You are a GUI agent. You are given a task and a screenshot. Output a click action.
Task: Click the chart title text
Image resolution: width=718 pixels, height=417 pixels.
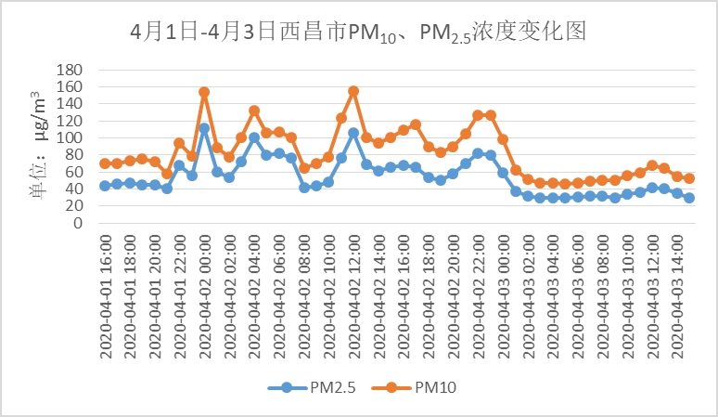(x=358, y=33)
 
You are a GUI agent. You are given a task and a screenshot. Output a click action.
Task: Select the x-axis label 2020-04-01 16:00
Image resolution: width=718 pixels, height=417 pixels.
(x=106, y=294)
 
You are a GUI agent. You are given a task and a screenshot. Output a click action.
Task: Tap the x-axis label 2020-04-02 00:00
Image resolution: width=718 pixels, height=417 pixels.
(x=205, y=294)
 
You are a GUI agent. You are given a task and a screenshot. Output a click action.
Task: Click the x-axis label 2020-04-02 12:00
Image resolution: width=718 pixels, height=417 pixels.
(x=353, y=294)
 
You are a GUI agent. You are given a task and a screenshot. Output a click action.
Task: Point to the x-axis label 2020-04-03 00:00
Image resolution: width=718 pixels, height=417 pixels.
(x=503, y=294)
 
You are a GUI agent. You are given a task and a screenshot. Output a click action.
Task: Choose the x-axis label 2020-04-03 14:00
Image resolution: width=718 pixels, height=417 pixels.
(x=676, y=294)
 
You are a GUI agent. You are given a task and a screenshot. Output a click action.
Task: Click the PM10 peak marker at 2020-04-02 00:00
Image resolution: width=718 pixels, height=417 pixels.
(x=204, y=92)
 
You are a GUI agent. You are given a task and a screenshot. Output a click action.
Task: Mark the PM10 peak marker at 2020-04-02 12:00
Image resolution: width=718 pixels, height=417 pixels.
(x=353, y=91)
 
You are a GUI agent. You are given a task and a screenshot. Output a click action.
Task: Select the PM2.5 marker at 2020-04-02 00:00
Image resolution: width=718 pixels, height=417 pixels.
(x=204, y=128)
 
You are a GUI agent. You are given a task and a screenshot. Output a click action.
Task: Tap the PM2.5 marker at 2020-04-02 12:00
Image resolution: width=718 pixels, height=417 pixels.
(x=353, y=133)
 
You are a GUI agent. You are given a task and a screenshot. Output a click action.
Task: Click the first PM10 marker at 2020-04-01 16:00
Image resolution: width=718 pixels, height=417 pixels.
(x=105, y=163)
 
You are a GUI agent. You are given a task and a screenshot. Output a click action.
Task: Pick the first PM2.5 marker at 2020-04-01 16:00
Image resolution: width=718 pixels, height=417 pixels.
(x=105, y=186)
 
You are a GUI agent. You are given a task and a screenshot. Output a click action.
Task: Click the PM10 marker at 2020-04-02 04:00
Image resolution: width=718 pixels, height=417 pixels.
(x=254, y=111)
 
